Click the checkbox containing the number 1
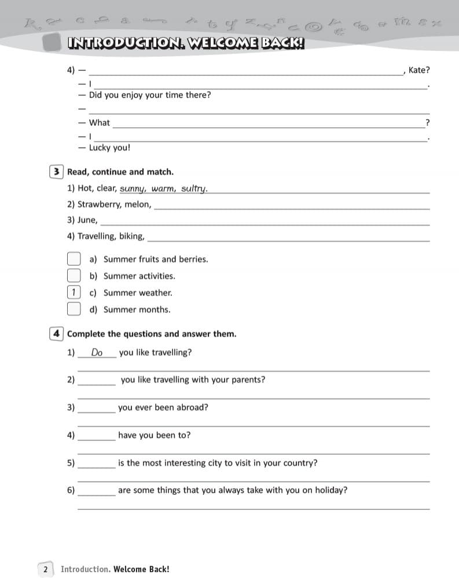(74, 292)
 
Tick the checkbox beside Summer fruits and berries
(74, 259)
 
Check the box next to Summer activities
(74, 276)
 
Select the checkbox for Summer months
(74, 309)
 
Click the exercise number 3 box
(57, 172)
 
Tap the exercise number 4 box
(57, 334)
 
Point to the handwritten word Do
(97, 353)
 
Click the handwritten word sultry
(194, 189)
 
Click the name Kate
(418, 71)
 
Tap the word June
(87, 220)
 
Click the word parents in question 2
(249, 380)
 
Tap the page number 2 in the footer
(46, 569)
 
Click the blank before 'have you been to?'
(96, 438)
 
